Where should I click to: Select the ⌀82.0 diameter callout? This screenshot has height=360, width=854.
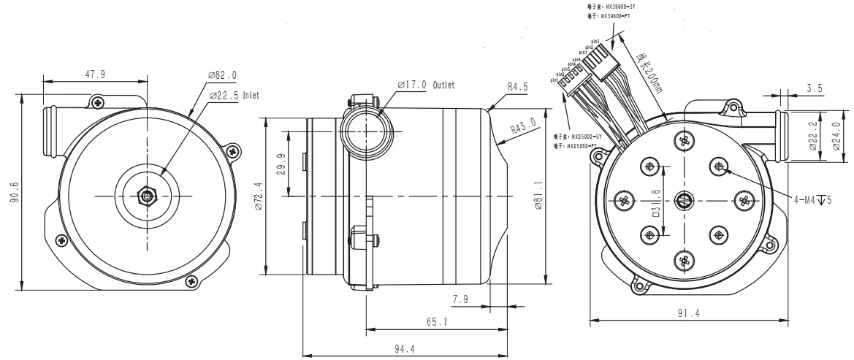(222, 75)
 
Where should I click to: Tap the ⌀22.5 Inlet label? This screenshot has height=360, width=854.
(234, 95)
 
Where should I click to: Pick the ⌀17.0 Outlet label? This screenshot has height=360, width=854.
(426, 85)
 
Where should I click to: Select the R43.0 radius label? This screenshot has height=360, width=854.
(523, 128)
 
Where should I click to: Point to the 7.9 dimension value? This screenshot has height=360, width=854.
(461, 299)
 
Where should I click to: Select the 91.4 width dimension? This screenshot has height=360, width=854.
(687, 314)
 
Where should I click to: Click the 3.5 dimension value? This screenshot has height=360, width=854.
(815, 88)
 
